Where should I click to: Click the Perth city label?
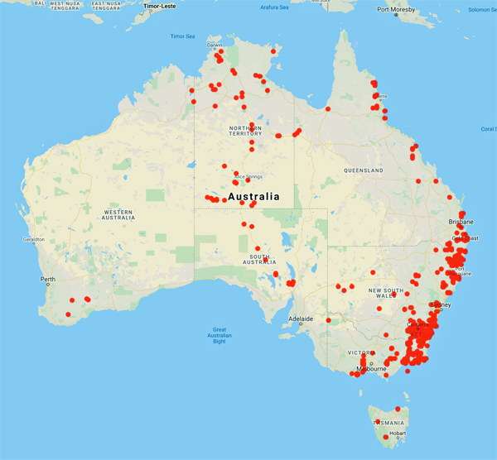point(48,279)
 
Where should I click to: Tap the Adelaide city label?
point(301,319)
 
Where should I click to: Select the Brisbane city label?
point(461,223)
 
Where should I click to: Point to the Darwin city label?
point(215,46)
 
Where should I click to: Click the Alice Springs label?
point(248,175)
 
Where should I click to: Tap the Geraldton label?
point(34,240)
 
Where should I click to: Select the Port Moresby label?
point(395,10)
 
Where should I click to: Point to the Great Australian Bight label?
point(220,335)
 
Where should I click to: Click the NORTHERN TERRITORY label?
point(246,132)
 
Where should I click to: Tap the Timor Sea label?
point(182,36)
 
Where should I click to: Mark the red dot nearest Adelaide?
point(329,319)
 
